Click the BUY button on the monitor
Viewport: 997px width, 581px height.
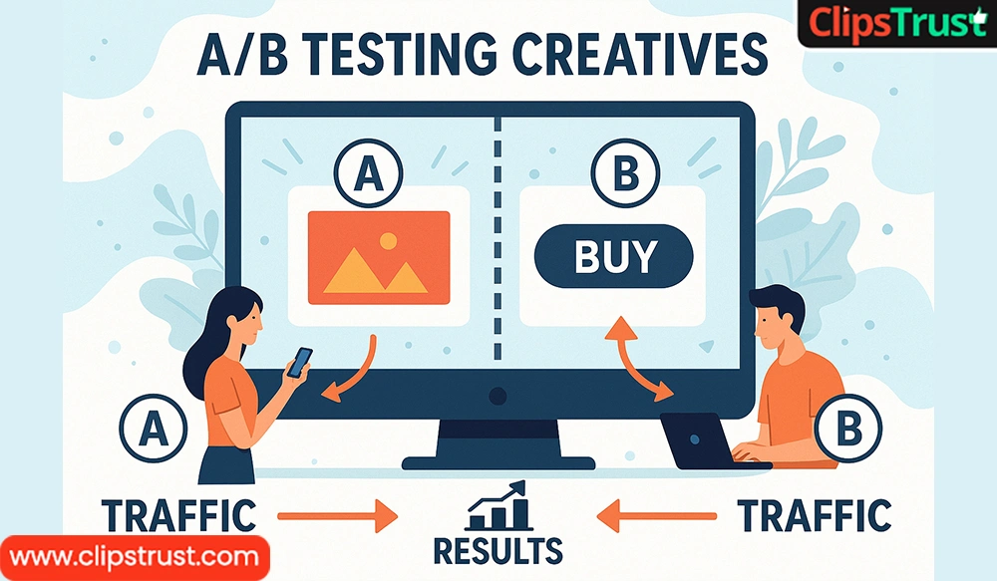pos(613,256)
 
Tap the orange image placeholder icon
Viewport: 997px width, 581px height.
pos(379,258)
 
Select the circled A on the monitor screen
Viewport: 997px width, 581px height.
pos(369,172)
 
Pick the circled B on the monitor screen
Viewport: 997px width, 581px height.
pos(626,172)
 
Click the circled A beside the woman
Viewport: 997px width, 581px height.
pos(154,428)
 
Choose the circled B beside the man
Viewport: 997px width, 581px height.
pos(848,428)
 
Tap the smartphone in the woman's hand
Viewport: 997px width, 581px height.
pos(299,363)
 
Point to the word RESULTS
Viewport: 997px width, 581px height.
pos(498,551)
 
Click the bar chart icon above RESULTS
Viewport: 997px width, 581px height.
pos(499,506)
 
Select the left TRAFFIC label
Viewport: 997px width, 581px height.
pos(179,515)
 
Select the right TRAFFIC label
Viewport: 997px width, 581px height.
pos(814,515)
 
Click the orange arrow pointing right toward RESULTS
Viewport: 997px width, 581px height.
pos(338,515)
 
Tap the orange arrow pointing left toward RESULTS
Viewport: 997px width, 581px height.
pos(657,515)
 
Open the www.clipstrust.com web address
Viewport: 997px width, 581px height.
pos(135,557)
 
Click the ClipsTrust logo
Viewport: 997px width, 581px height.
pos(897,24)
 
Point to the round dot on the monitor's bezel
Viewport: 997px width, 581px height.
pos(498,396)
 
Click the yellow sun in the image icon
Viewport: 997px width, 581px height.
pos(388,241)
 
